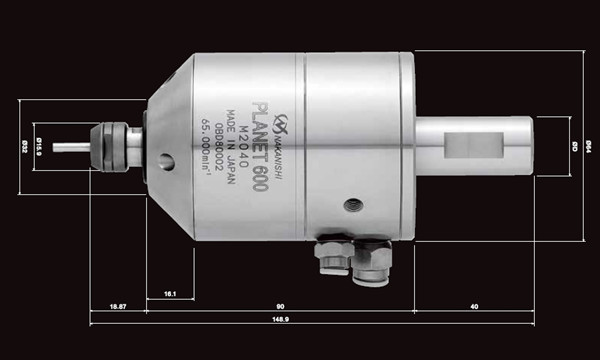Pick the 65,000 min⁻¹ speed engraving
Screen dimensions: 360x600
(x=202, y=147)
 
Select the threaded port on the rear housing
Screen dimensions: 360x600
(x=352, y=205)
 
